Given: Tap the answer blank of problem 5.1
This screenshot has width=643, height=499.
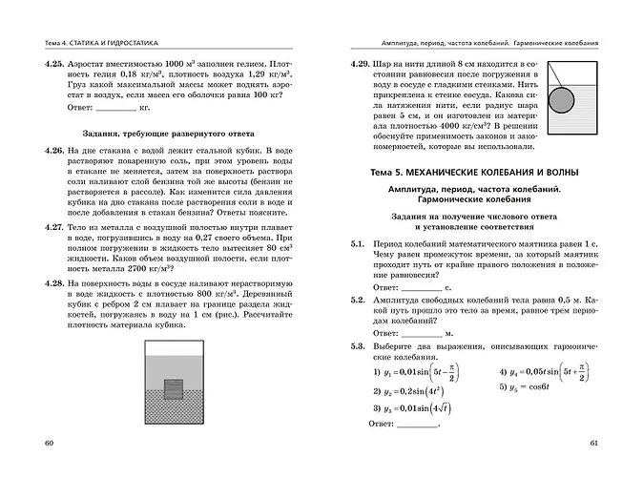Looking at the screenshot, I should (422, 285).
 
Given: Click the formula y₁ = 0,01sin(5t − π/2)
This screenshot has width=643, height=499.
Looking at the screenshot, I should (421, 371).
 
